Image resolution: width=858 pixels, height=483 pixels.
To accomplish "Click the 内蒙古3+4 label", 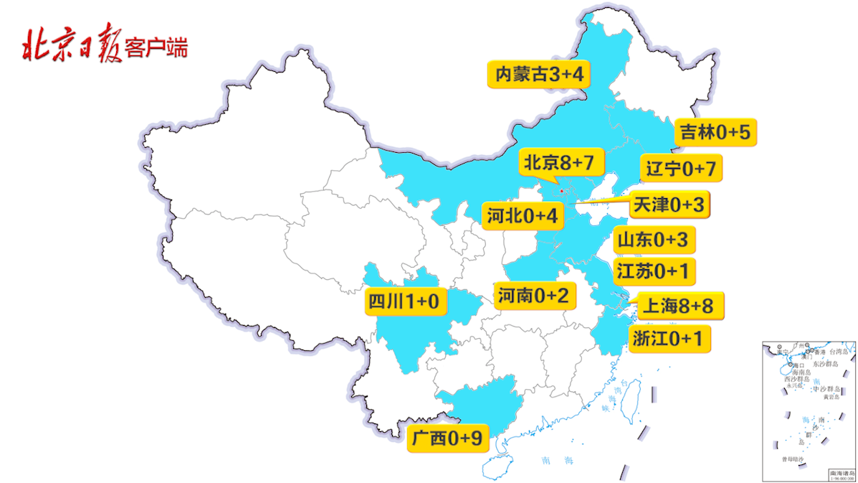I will click(538, 75).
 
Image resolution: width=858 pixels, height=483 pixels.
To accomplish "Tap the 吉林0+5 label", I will click(714, 133).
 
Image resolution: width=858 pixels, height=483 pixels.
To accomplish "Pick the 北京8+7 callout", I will click(558, 162).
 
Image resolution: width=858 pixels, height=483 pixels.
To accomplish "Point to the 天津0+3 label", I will click(668, 205).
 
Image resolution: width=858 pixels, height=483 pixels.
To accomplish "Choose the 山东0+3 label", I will click(653, 239).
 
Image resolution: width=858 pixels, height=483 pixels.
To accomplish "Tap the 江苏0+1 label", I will click(652, 271).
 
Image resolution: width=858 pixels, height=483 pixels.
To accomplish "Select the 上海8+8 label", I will click(677, 306).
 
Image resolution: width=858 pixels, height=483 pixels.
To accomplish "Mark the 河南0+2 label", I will click(533, 294).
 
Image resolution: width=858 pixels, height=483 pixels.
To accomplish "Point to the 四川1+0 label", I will click(403, 300).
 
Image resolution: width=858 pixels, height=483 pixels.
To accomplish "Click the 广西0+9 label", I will click(448, 436).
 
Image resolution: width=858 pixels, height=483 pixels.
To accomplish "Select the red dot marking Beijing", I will click(561, 191).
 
